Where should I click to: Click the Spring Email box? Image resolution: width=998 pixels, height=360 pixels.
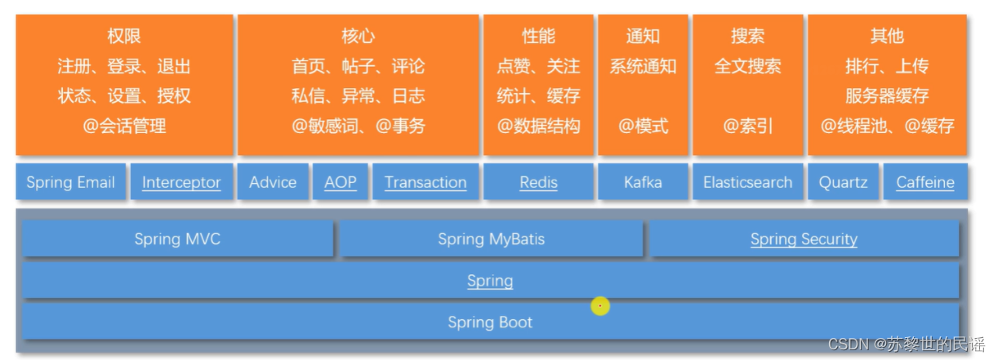tap(70, 182)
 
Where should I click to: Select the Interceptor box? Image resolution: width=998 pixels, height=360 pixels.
tap(181, 182)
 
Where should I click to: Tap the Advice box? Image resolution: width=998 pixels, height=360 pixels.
tap(273, 182)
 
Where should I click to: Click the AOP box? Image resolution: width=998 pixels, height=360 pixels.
tap(341, 182)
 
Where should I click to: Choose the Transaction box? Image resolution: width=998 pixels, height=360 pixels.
tap(425, 182)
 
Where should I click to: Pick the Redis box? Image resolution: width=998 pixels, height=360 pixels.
tap(538, 182)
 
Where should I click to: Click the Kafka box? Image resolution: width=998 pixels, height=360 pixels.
tap(643, 182)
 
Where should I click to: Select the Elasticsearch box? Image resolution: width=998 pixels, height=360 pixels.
tap(747, 182)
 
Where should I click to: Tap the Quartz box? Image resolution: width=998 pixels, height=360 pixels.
tap(843, 182)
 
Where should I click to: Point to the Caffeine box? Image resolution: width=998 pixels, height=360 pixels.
tap(925, 182)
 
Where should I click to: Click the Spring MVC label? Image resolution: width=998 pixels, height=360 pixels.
tap(177, 239)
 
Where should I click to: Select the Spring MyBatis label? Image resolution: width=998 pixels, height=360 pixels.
tap(491, 239)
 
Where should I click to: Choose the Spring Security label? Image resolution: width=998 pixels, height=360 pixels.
tap(804, 239)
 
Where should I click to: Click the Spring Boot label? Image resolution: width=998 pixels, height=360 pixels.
tap(490, 322)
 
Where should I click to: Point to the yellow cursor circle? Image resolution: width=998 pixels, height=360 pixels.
tap(600, 306)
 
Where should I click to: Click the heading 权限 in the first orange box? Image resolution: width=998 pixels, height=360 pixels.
tap(124, 37)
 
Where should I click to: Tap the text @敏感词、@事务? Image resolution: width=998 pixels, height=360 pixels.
tap(358, 126)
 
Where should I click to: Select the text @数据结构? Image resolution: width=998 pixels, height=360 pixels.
tap(538, 126)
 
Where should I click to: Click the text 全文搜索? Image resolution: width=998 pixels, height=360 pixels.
tap(747, 66)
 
